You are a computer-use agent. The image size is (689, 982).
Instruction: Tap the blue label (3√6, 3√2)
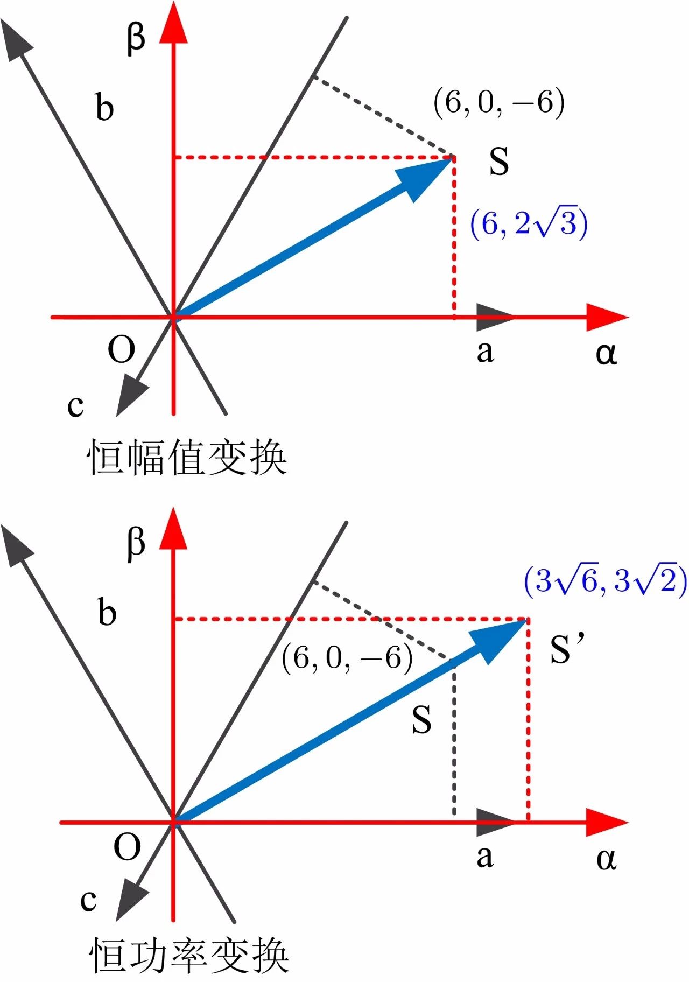point(605,581)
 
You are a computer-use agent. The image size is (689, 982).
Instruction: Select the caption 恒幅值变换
point(186,458)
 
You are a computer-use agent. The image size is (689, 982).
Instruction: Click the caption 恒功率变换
point(188,956)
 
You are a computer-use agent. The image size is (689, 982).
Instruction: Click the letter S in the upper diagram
point(498,161)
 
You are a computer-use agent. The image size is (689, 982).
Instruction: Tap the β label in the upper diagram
point(136,39)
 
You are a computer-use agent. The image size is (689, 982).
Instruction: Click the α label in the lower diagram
point(606,859)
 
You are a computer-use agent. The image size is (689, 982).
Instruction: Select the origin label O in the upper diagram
point(121,350)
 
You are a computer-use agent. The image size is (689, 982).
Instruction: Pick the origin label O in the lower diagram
point(127,847)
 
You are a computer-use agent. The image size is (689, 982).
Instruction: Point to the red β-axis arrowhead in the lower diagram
point(173,530)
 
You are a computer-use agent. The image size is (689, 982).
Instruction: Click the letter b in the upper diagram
point(104,107)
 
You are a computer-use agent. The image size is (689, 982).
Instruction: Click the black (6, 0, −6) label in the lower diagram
point(347,658)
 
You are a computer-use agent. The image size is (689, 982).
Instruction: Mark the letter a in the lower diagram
point(484,857)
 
